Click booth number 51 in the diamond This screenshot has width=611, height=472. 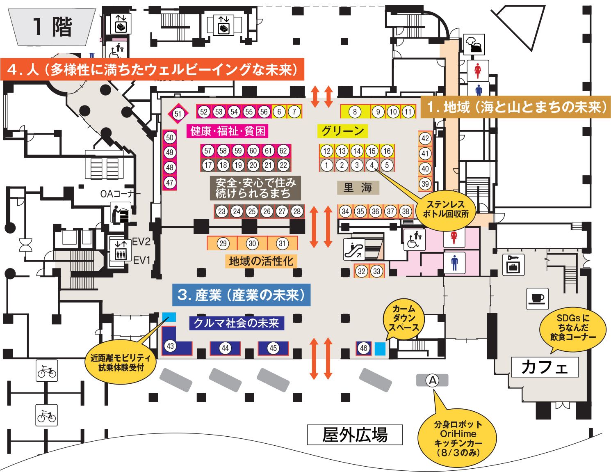[178, 114]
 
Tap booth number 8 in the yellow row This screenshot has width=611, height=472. [355, 112]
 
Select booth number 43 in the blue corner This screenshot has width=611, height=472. [170, 346]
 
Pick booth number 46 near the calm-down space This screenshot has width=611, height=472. [364, 348]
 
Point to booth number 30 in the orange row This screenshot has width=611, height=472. [252, 243]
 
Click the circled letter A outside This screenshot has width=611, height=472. [432, 380]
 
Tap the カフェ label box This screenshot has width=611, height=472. [545, 367]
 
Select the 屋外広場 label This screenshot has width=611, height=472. [355, 435]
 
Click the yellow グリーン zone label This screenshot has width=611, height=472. [342, 131]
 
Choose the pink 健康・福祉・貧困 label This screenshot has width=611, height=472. [228, 131]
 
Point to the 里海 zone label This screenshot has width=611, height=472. [358, 188]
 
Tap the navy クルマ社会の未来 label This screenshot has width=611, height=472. [237, 323]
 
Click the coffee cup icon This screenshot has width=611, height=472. [537, 299]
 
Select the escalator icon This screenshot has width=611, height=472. [354, 250]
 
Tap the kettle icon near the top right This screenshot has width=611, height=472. [474, 44]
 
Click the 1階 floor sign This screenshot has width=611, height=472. [52, 27]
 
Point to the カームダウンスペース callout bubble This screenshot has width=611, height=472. [404, 318]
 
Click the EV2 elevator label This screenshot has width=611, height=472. [141, 242]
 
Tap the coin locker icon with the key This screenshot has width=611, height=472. [513, 264]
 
